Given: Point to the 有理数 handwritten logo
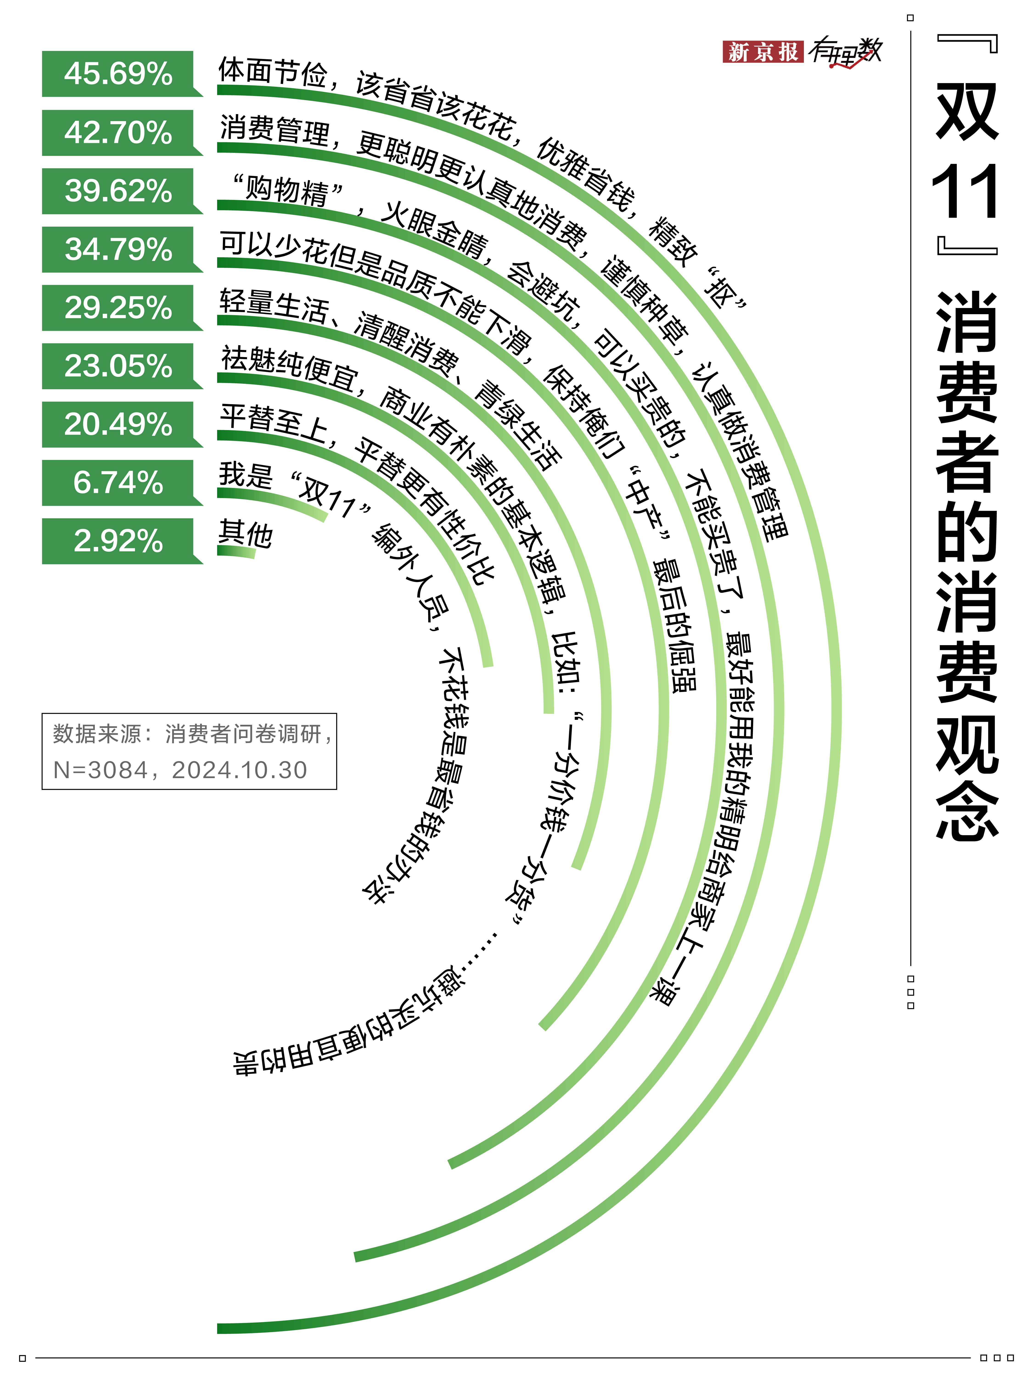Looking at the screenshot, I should (844, 51).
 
